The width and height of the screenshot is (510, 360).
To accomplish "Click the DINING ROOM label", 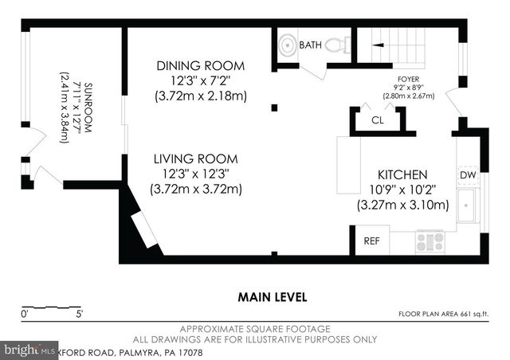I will [200, 65].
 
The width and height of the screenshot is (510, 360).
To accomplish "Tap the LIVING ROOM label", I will [195, 159].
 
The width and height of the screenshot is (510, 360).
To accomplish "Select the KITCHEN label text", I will [402, 174].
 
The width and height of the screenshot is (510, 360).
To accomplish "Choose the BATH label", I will [310, 45].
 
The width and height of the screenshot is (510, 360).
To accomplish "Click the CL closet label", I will [379, 120].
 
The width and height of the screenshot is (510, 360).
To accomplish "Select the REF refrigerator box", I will [371, 240].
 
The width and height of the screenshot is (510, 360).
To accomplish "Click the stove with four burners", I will [430, 241].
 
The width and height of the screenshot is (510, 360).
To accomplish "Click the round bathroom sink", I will [285, 45].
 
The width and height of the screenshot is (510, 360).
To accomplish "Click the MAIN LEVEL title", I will [273, 297].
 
